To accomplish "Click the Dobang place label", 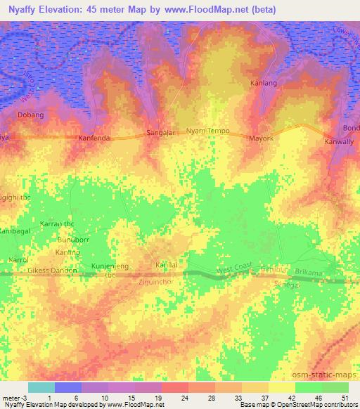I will click(30, 115).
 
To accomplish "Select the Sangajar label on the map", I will click(161, 132).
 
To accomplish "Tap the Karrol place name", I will click(17, 260).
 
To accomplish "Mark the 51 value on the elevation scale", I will click(345, 398).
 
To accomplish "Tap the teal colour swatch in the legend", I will click(41, 387).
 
